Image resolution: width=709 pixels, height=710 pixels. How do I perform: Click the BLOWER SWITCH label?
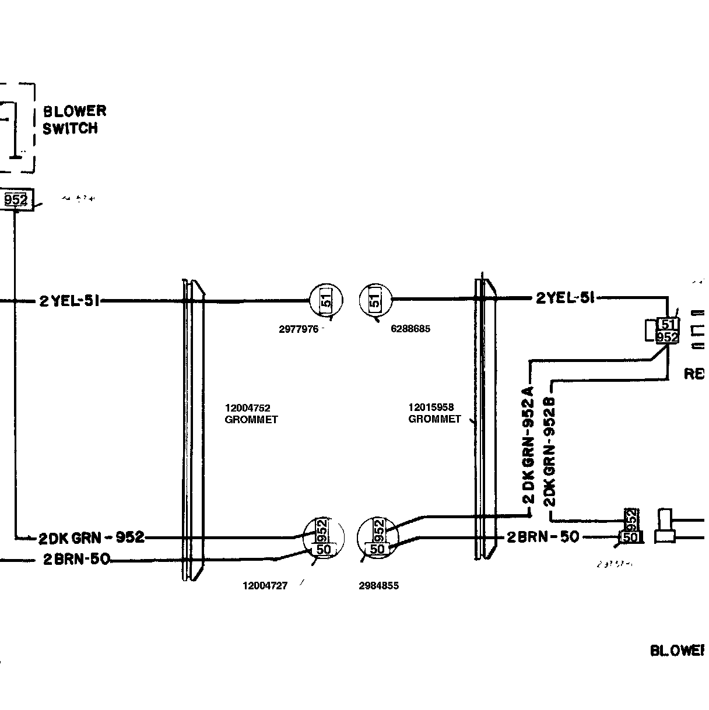click(x=75, y=120)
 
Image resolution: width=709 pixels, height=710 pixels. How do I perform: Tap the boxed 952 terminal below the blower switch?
click(x=16, y=200)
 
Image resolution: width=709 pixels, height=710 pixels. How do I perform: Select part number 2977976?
click(x=299, y=329)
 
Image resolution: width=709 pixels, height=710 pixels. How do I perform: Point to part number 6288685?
click(x=410, y=329)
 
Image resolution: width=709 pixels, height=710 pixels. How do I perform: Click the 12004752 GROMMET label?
click(x=251, y=413)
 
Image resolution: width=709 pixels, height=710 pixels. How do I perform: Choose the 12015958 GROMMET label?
click(x=434, y=413)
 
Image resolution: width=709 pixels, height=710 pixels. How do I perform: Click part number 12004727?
click(x=265, y=586)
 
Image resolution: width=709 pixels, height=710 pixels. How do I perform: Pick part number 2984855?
click(x=379, y=586)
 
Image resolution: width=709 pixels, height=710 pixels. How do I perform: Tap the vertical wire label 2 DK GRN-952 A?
click(x=528, y=443)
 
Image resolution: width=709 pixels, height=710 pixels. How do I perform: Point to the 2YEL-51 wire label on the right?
click(x=565, y=298)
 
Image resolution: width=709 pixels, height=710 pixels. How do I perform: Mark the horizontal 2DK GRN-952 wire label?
click(x=92, y=537)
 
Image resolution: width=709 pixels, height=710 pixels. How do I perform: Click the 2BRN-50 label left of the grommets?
click(x=76, y=560)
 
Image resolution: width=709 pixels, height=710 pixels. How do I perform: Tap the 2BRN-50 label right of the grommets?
click(x=543, y=537)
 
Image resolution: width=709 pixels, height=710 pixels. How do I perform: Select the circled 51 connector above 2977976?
click(x=327, y=300)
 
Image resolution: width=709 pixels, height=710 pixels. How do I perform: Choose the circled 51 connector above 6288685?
click(x=376, y=300)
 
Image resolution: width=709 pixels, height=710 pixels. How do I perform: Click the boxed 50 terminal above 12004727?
click(x=324, y=549)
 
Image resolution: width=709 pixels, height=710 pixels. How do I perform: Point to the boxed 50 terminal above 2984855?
click(x=378, y=549)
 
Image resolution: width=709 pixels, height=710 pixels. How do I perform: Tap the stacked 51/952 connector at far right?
click(x=667, y=331)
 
